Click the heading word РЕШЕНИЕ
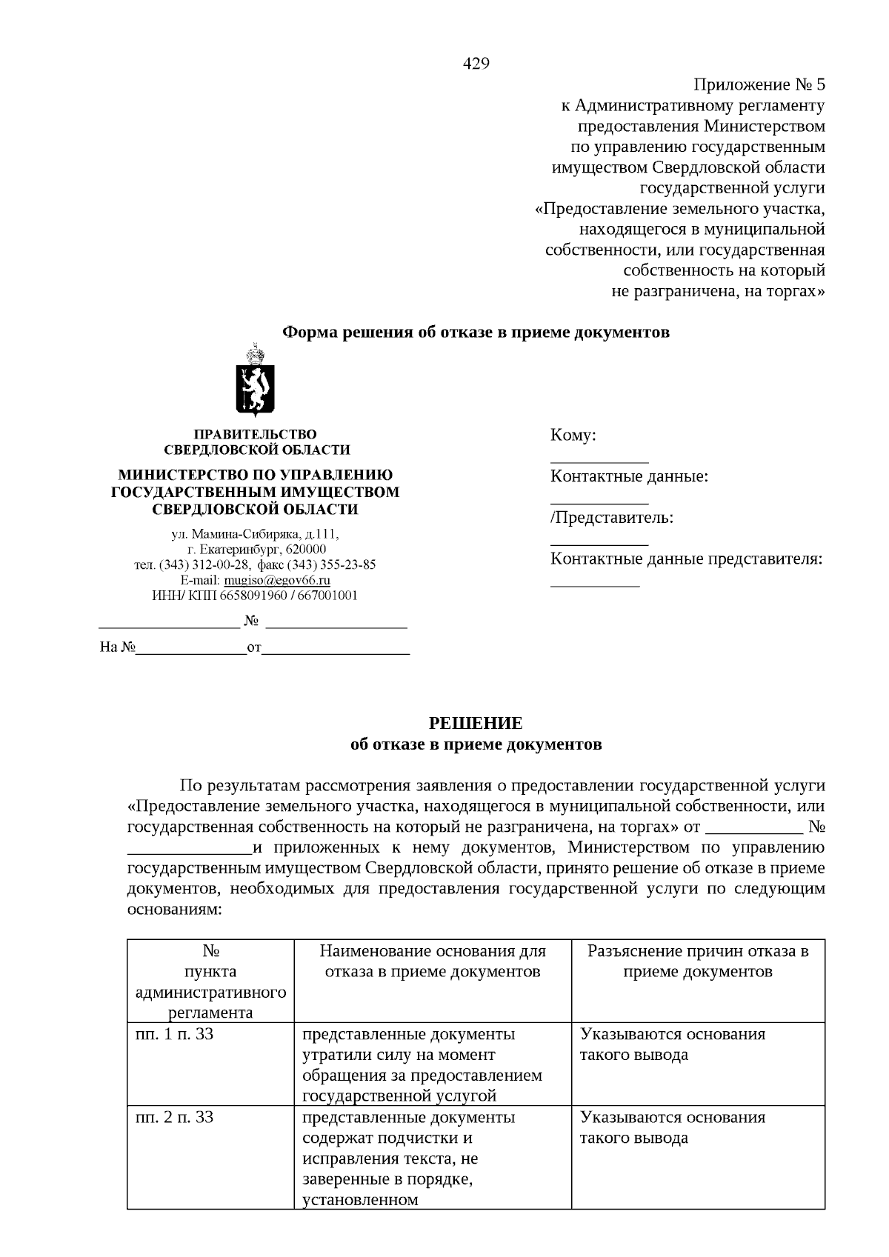(476, 723)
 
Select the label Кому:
(573, 436)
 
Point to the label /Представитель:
(612, 518)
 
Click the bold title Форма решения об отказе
(476, 332)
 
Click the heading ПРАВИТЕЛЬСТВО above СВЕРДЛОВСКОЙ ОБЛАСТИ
(255, 434)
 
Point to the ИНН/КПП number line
(255, 596)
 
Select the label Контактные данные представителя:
(686, 559)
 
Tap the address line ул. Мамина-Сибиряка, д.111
(255, 533)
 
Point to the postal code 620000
(303, 549)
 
